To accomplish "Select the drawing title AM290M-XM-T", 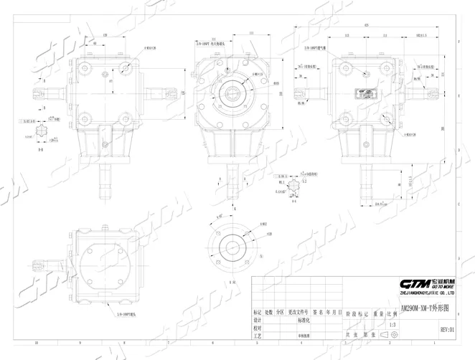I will coord(423,308).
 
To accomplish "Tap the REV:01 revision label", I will coord(446,330).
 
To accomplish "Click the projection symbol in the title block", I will coord(391,333).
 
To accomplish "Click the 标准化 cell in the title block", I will coord(287,320).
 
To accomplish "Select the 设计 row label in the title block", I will coord(258,320).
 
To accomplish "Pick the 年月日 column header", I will coord(332,313).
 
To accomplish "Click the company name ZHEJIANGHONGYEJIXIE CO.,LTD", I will coord(427,293).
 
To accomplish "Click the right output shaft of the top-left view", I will coord(160,93).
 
